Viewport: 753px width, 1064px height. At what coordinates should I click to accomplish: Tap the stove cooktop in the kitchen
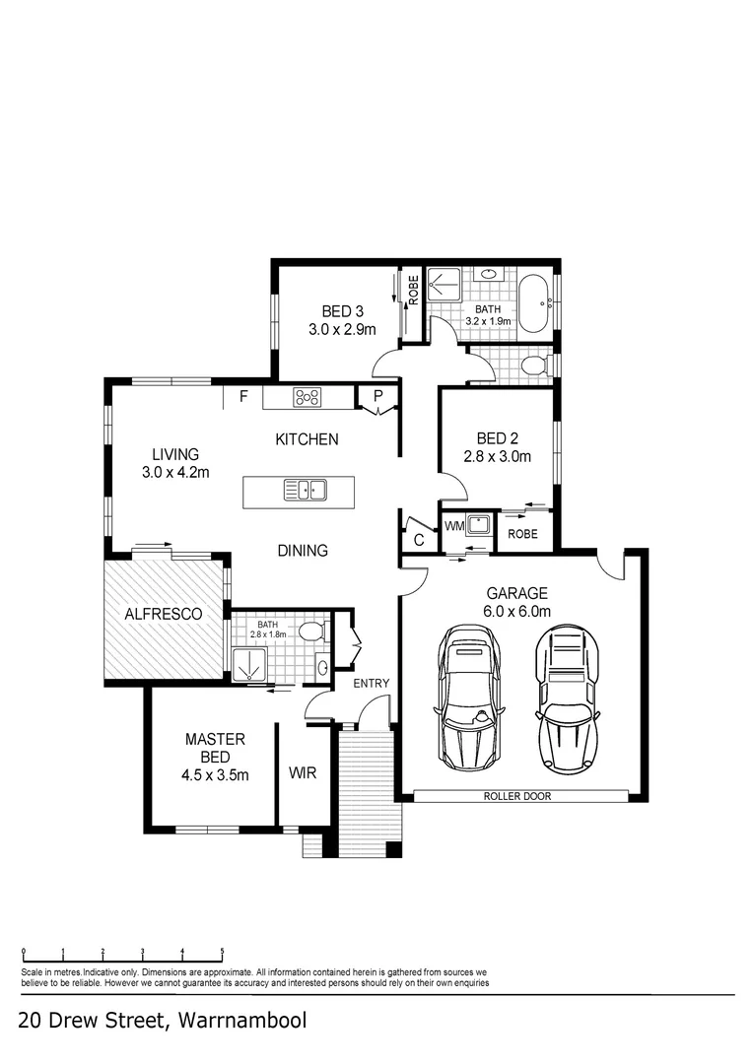(308, 398)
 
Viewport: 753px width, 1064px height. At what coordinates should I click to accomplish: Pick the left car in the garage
(469, 700)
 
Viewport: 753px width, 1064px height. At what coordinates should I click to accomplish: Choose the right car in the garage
(568, 700)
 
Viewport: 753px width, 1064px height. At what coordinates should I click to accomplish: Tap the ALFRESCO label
(163, 614)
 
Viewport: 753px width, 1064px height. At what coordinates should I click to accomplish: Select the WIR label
(303, 773)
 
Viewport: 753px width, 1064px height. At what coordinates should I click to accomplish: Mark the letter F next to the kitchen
(242, 397)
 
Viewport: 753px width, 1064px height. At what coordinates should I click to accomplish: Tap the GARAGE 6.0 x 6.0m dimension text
(517, 612)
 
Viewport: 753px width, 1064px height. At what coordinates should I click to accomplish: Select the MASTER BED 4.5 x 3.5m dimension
(215, 775)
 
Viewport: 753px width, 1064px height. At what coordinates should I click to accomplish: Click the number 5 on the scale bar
(222, 952)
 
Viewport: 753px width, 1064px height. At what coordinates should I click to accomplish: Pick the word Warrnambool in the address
(242, 1021)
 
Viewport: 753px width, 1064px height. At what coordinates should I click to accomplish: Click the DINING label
(303, 551)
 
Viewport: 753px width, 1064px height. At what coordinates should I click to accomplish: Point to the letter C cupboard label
(418, 540)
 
